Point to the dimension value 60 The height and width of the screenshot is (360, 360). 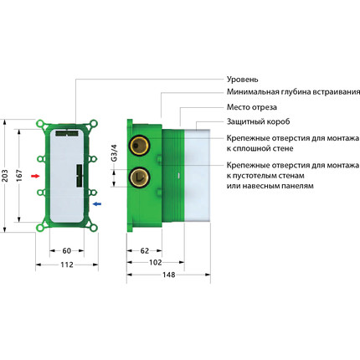coord(67,250)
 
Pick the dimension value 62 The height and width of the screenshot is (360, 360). coord(145,250)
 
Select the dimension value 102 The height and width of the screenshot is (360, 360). coord(157,261)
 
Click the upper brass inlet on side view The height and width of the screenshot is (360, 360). coord(137,154)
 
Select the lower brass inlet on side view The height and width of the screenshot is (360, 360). coord(137,177)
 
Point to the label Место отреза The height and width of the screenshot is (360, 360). coord(254,107)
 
